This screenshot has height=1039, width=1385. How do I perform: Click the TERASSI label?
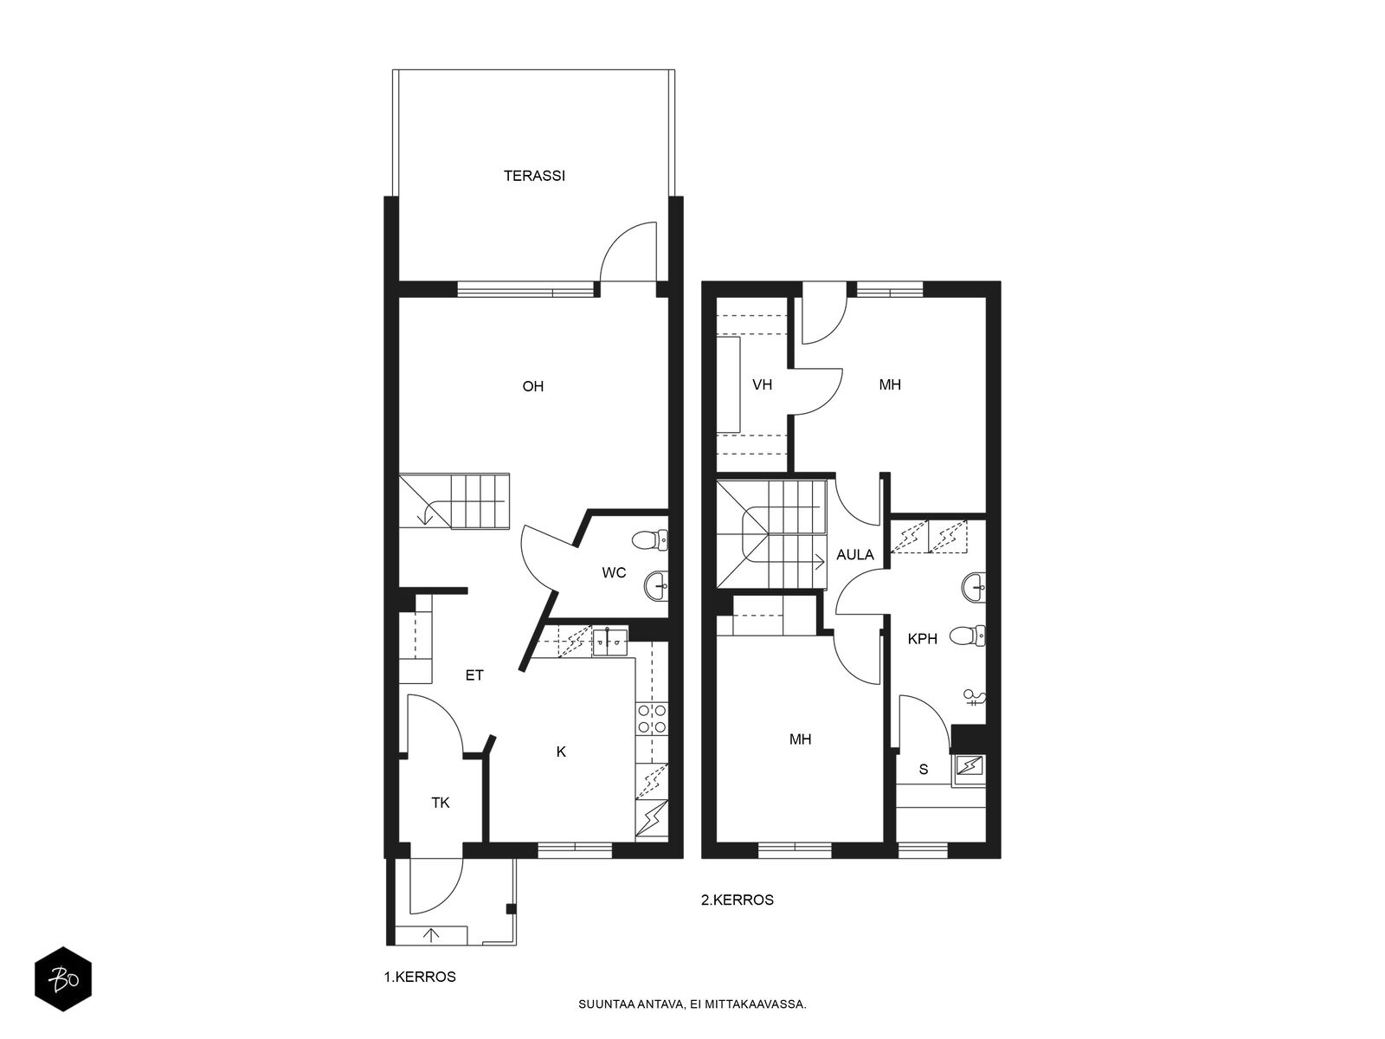(534, 176)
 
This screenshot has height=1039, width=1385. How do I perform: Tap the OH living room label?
(532, 386)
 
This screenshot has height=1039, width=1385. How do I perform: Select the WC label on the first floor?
(614, 572)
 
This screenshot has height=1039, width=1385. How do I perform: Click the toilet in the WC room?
(650, 540)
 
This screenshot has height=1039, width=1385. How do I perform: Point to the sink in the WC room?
(656, 586)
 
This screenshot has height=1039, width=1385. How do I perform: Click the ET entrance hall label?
(473, 675)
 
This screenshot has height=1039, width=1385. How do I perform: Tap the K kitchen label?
(561, 752)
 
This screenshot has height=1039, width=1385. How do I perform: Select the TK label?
(441, 803)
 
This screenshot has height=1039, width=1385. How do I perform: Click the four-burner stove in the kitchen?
(652, 719)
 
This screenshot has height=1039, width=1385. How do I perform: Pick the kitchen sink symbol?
(610, 642)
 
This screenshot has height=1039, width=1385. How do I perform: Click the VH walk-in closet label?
(763, 384)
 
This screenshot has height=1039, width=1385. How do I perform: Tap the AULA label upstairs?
(855, 555)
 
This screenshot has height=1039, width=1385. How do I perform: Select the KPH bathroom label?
(922, 639)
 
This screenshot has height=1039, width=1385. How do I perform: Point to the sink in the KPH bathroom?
(974, 587)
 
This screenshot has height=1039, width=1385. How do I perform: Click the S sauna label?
(924, 769)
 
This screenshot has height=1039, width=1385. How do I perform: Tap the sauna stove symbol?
(969, 766)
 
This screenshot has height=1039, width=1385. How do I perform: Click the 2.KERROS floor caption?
(737, 900)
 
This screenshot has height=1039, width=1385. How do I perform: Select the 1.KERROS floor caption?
(420, 978)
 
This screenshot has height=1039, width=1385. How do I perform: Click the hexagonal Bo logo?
(63, 980)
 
